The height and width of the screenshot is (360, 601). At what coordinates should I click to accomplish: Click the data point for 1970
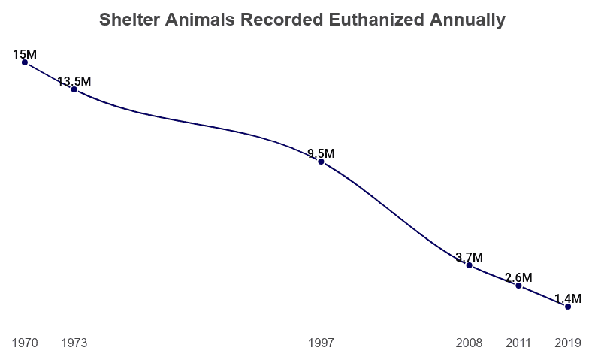[25, 62]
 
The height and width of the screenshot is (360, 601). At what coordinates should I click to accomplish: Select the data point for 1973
[74, 89]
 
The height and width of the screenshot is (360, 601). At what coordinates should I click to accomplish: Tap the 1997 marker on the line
[321, 162]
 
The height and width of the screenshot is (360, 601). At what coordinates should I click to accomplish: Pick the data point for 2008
[470, 265]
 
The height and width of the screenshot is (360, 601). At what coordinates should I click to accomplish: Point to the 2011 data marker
[518, 286]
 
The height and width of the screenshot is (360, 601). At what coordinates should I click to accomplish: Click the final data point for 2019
[568, 307]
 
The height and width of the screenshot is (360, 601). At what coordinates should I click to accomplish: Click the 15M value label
[25, 54]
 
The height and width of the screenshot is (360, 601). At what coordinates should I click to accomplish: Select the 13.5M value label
[74, 81]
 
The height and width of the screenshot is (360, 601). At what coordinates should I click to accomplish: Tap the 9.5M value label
[321, 153]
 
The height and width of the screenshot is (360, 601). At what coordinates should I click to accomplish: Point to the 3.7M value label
[470, 257]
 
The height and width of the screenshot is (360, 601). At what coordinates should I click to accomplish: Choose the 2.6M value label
[518, 277]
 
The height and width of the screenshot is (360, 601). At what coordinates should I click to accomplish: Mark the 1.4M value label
[568, 298]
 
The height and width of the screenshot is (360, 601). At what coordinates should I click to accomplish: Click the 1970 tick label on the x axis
[25, 343]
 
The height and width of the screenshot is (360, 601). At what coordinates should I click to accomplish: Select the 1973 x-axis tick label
[74, 343]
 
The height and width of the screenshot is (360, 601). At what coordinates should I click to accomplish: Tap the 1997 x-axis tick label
[321, 343]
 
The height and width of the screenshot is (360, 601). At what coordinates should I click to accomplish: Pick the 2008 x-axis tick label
[470, 343]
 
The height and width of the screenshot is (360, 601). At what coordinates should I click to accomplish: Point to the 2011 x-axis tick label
[518, 343]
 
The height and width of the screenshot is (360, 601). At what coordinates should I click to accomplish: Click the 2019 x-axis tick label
[568, 343]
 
